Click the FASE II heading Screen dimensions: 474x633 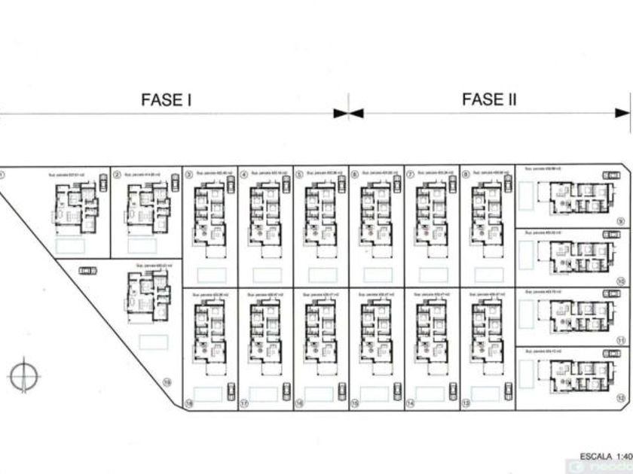tap(489, 99)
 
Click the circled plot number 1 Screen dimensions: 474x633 tap(2, 174)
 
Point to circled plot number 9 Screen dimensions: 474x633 tap(620, 221)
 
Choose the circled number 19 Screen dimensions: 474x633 tap(167, 383)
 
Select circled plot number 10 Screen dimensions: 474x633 tap(620, 281)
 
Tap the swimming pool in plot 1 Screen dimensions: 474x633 tap(71, 245)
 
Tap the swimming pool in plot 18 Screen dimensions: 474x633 tap(208, 393)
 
